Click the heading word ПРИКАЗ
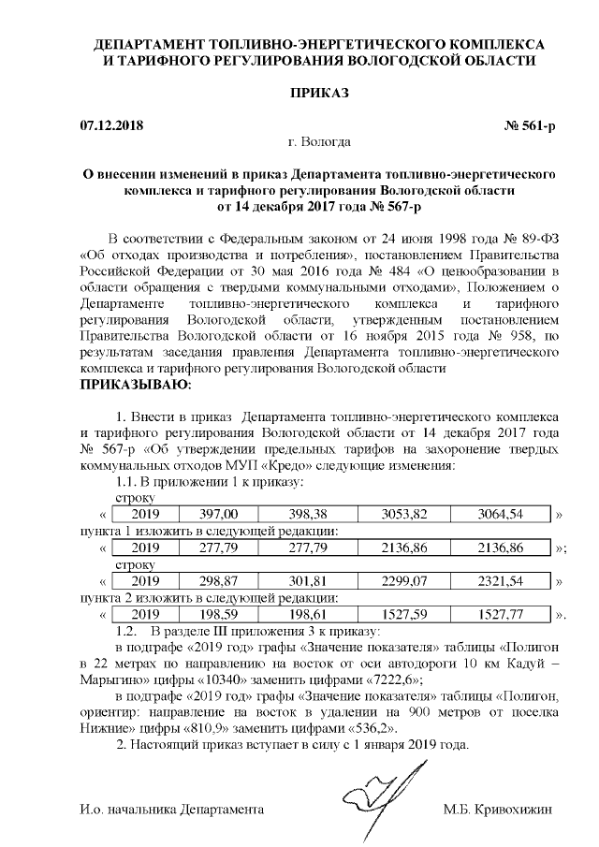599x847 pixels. click(x=319, y=95)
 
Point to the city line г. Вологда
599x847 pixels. click(x=320, y=142)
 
